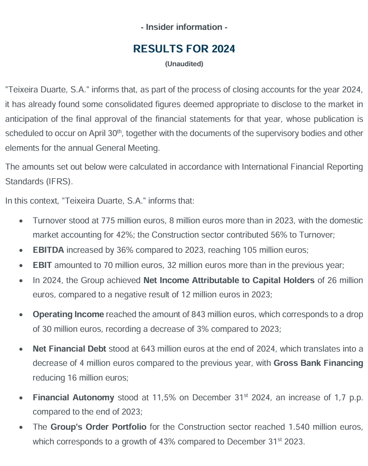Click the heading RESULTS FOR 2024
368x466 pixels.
click(x=184, y=49)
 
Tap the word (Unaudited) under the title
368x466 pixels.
click(x=184, y=64)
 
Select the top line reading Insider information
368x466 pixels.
click(x=184, y=27)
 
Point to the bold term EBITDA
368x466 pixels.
click(x=48, y=250)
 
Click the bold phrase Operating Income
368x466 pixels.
click(x=68, y=315)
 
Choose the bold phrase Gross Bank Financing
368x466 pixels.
click(x=318, y=363)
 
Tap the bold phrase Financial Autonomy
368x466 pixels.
click(x=73, y=398)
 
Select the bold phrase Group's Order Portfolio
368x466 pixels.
click(x=98, y=427)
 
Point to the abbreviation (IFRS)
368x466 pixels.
click(x=59, y=181)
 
